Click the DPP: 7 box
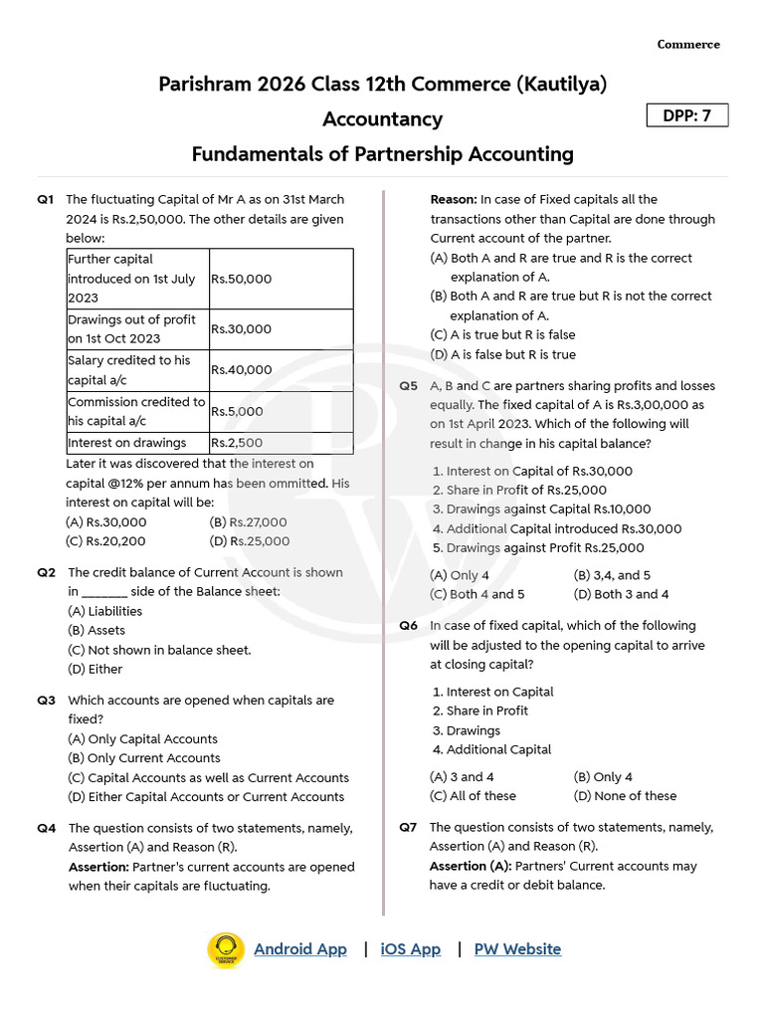coord(686,115)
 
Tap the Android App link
coord(300,949)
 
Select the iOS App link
coord(410,949)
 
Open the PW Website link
coord(517,949)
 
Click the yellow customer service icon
coord(226,949)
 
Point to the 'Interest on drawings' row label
coord(126,443)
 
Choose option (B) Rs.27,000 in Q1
coord(249,522)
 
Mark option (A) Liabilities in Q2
coord(104,611)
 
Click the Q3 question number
coord(46,701)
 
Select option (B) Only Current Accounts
coord(144,758)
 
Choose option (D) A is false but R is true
coord(502,354)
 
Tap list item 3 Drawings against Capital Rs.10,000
coord(542,509)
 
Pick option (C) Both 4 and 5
coord(477,594)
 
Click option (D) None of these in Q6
coord(625,796)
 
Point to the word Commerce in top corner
coord(688,45)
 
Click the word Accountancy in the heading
coord(382,119)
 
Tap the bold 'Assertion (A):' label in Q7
coord(471,866)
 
